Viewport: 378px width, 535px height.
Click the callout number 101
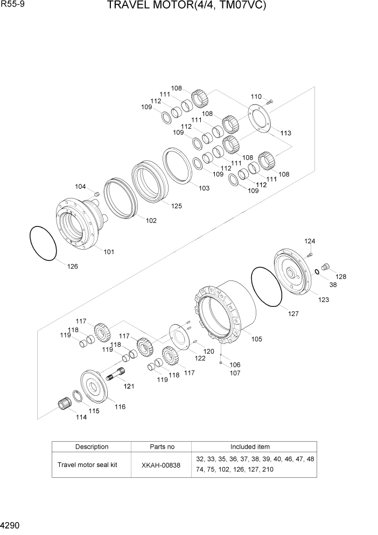109,252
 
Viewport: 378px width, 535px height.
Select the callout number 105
257,339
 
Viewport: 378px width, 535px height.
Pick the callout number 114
81,417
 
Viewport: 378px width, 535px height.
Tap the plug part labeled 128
325,266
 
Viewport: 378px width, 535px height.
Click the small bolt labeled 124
310,253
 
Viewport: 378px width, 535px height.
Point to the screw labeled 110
270,101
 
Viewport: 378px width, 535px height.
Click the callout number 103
204,188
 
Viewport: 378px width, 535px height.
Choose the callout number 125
177,205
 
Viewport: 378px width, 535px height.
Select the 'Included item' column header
250,447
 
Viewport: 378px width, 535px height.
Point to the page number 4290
11,525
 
